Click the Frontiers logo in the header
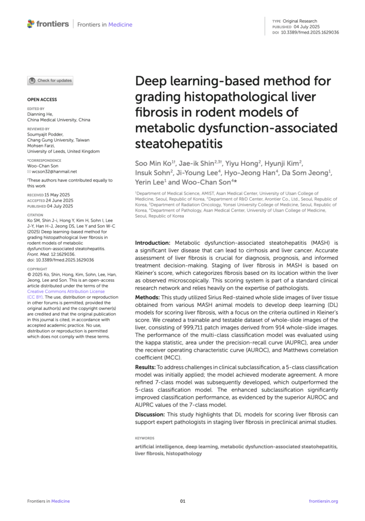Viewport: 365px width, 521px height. pyautogui.click(x=48, y=24)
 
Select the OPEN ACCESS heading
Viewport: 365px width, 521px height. pyautogui.click(x=42, y=100)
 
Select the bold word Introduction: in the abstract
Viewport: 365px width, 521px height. pyautogui.click(x=153, y=243)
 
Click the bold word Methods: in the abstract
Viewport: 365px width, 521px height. pyautogui.click(x=150, y=297)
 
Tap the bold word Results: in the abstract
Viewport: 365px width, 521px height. pyautogui.click(x=148, y=367)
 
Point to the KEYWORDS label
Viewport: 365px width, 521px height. pyautogui.click(x=145, y=438)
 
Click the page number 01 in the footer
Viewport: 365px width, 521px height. pyautogui.click(x=183, y=501)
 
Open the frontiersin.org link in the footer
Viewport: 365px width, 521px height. pyautogui.click(x=323, y=501)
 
